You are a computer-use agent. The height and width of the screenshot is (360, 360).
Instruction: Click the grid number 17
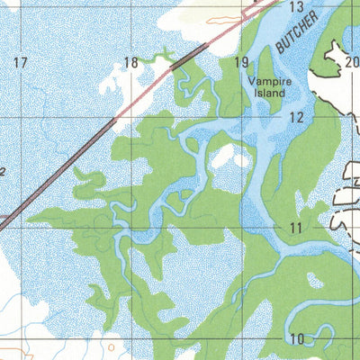(x=20, y=62)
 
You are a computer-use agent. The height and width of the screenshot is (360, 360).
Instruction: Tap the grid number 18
(x=131, y=62)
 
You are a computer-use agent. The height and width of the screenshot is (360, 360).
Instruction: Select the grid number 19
(x=240, y=62)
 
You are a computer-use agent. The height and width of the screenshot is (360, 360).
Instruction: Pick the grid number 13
(x=296, y=7)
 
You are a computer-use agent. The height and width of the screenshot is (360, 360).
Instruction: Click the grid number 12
(x=296, y=118)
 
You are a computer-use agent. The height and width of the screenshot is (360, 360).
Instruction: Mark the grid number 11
(x=296, y=229)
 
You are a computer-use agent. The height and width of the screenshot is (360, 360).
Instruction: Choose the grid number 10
(x=296, y=338)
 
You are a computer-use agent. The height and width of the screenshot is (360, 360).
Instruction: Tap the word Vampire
(x=267, y=79)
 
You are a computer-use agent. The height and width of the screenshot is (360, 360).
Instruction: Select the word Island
(x=267, y=92)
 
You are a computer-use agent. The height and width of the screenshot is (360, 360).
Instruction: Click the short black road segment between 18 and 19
(x=188, y=56)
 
